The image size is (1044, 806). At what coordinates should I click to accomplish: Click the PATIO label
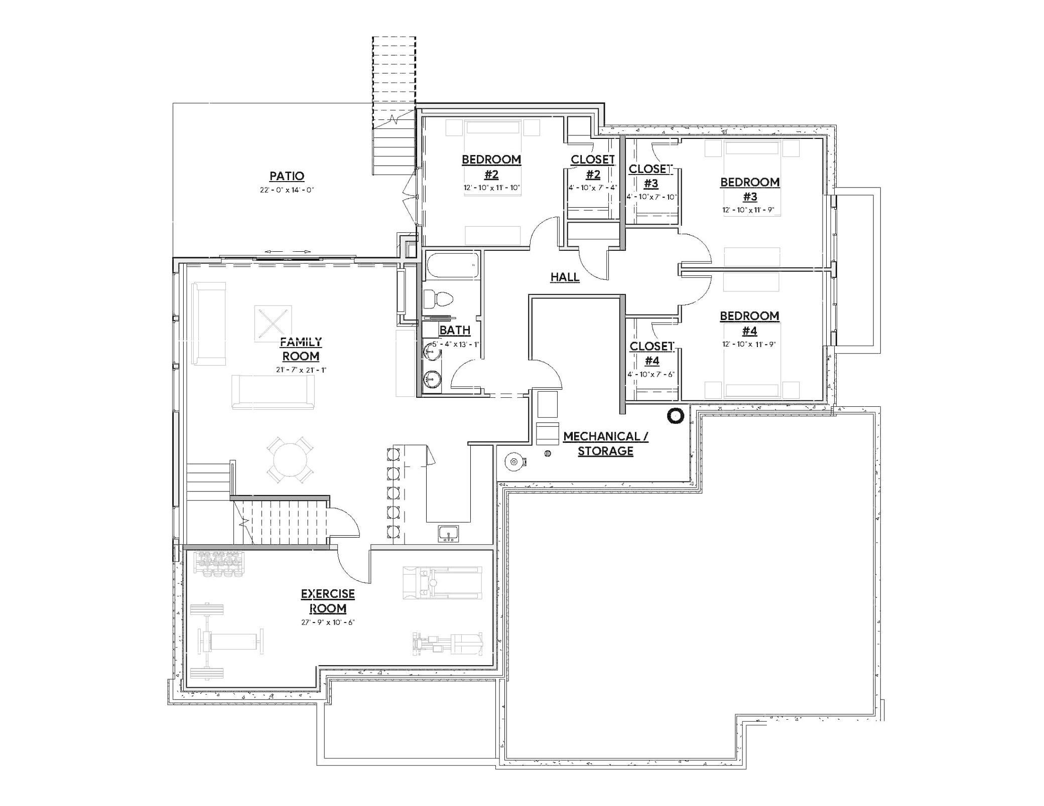coord(287,176)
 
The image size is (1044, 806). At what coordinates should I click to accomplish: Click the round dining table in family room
coord(290,460)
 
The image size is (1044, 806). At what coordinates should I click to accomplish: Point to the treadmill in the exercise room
coord(442,583)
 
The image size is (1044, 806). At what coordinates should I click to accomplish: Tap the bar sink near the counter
coord(447,533)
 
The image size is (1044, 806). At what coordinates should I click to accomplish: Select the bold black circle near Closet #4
coord(675,416)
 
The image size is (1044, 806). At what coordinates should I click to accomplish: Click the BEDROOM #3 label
coord(750,189)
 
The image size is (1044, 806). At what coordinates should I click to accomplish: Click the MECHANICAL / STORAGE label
coord(605,443)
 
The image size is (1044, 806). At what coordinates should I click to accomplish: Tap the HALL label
coord(565,277)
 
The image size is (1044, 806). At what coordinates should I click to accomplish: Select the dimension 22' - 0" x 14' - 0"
coord(287,190)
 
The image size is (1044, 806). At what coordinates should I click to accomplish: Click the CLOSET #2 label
coord(592,167)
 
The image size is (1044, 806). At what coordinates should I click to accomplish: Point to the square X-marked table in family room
coord(273,324)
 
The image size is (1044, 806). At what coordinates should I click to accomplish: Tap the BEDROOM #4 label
coord(749,323)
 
